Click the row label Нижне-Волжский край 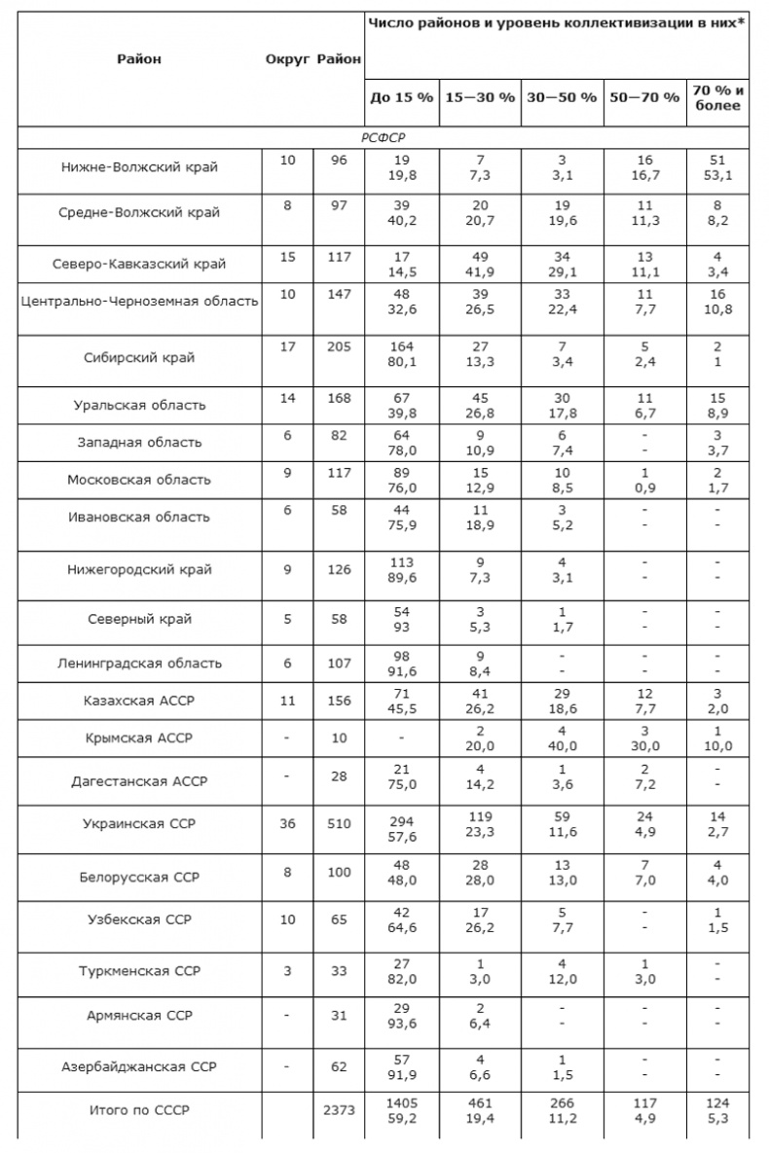pos(139,166)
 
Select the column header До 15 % pos(401,98)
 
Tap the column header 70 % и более pos(718,98)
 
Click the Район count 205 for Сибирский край pos(339,345)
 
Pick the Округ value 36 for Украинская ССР pos(287,823)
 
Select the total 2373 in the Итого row pos(339,1110)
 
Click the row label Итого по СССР pos(139,1110)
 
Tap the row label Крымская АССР pos(139,738)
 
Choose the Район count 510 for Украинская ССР pos(339,823)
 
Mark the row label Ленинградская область pos(139,663)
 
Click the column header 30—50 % pos(562,98)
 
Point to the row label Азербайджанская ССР pos(139,1066)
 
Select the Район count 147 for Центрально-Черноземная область pos(339,293)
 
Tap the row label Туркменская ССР pos(139,971)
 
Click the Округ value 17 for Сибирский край pos(287,345)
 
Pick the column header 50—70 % pos(643,98)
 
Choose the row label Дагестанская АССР pos(139,780)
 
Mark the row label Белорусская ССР pos(139,877)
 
